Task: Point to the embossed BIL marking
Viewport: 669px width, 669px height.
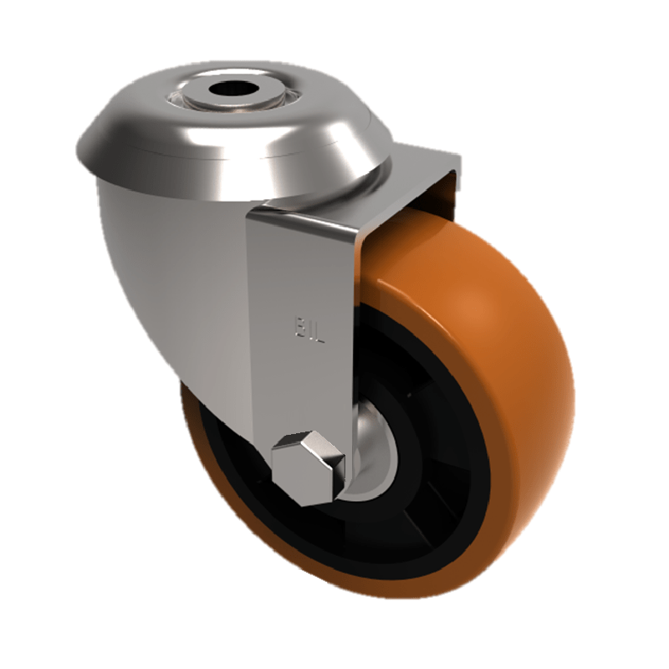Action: (306, 323)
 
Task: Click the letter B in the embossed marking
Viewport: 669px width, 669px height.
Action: (295, 323)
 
